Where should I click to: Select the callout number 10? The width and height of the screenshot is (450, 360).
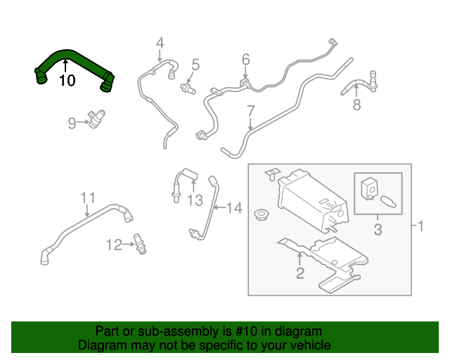pos(67,80)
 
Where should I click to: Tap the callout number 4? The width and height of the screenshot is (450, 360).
pos(160,43)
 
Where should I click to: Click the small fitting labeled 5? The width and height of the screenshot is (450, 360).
pos(188,88)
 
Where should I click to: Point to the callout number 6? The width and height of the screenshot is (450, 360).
pos(246,60)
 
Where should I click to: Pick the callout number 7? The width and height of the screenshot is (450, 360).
pos(250,111)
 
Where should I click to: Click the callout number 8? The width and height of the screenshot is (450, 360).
pos(356,105)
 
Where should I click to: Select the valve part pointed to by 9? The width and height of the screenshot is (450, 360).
pos(97,119)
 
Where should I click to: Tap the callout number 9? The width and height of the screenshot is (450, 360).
pos(72,123)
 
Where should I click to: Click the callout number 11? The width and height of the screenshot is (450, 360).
pos(88,198)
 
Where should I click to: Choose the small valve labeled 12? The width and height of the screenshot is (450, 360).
pos(140,244)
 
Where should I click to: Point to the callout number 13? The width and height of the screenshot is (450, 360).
pos(195,200)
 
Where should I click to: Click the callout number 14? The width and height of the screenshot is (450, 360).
pos(234,208)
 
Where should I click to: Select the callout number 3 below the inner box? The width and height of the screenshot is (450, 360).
pos(378,230)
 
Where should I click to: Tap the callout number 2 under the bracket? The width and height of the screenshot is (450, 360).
pos(300,273)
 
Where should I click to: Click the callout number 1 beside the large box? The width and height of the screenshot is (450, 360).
pos(420,226)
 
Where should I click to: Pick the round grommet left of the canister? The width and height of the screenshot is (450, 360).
pos(261,214)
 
